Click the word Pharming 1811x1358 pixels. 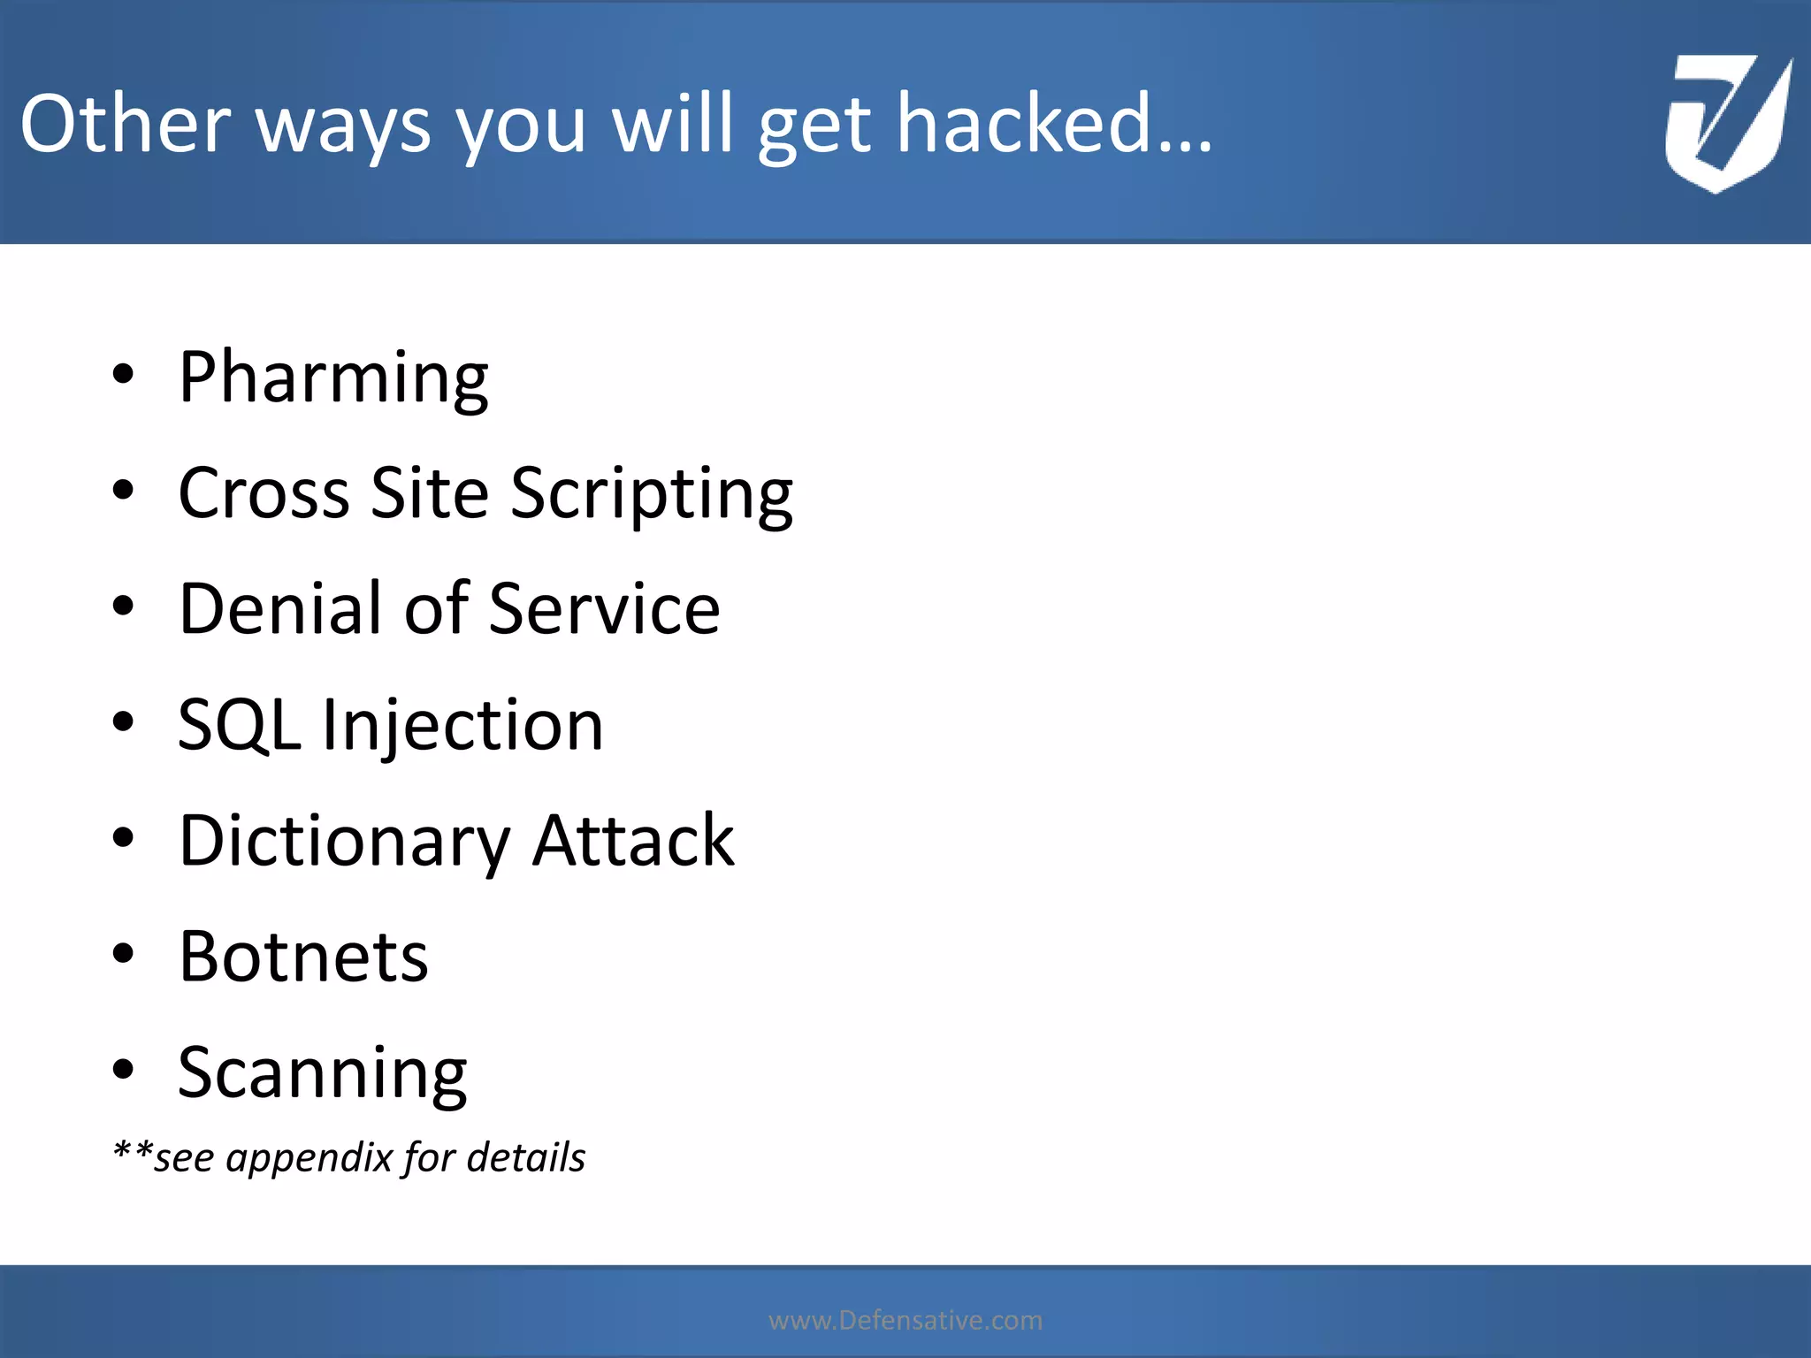(x=333, y=378)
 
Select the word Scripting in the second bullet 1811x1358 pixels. (x=652, y=493)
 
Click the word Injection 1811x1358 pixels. (x=462, y=725)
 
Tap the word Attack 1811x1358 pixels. (x=633, y=841)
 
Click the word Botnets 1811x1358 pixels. (x=303, y=957)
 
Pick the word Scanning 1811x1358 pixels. (x=322, y=1072)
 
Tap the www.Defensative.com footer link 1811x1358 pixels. (x=905, y=1320)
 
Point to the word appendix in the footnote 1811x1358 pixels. (x=309, y=1158)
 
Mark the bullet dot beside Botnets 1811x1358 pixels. (x=123, y=953)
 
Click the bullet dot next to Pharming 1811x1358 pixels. (x=123, y=374)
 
